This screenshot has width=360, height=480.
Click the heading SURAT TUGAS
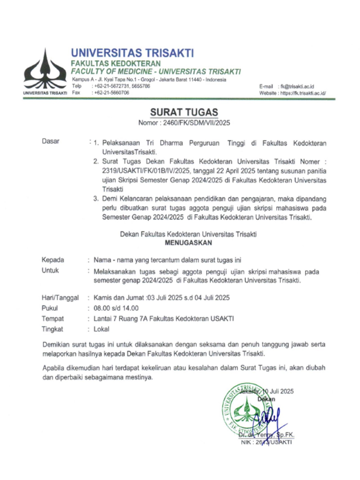tap(184, 112)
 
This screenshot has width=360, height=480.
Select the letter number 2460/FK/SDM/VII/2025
tap(196, 123)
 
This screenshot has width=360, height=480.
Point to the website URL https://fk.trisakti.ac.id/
tap(303, 93)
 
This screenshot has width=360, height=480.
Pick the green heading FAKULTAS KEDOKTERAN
tap(116, 63)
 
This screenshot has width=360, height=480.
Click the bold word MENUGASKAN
tap(188, 243)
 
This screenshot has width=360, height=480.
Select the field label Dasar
tap(51, 141)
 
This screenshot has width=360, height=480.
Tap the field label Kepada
tap(53, 260)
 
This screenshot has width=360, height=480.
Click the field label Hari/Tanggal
tap(60, 298)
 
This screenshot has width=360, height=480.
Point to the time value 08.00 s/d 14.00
tap(116, 308)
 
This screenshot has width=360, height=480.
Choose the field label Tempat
tap(53, 319)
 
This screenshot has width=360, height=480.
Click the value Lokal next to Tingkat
tap(101, 329)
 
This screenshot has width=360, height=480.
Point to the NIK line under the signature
tap(266, 442)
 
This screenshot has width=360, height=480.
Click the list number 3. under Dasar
tap(96, 199)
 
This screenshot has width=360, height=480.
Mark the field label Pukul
tap(50, 308)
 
